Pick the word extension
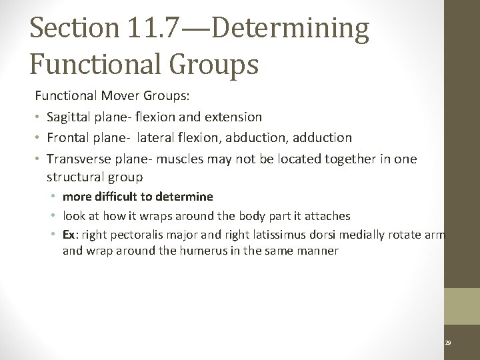[235, 117]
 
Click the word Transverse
[77, 159]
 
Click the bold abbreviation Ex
[69, 235]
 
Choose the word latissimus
[299, 235]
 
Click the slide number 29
[448, 342]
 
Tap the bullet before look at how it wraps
[53, 216]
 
